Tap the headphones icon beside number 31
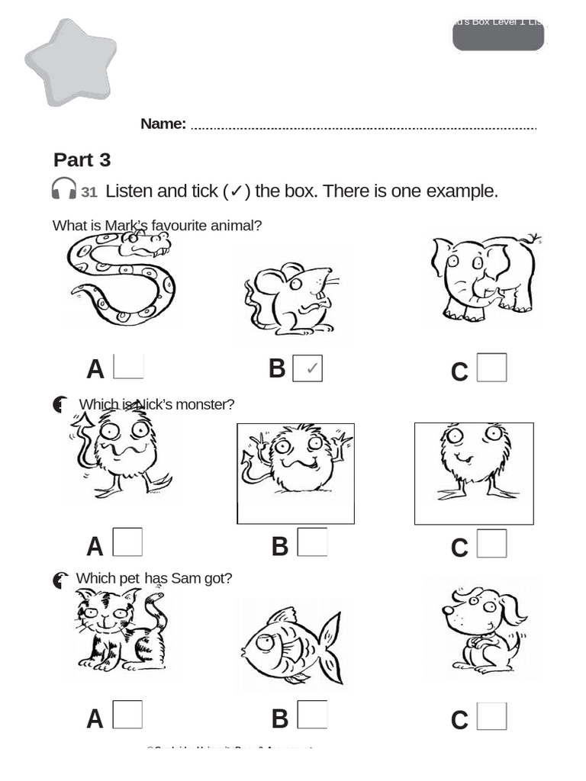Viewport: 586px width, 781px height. (x=64, y=189)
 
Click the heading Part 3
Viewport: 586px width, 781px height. (x=82, y=160)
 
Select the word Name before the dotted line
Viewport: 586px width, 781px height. (x=163, y=124)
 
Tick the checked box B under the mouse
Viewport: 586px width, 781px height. (x=307, y=368)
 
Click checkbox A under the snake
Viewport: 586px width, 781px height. (x=128, y=366)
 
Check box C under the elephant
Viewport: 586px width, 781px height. (x=491, y=368)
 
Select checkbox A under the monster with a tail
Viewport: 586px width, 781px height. (x=127, y=542)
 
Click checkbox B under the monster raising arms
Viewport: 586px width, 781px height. (x=312, y=542)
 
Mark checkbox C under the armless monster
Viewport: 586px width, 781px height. (x=491, y=544)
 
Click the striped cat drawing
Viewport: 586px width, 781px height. (x=121, y=629)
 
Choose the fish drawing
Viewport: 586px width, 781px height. (x=291, y=644)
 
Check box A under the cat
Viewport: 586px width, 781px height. (x=127, y=715)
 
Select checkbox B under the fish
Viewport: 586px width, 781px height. (x=312, y=715)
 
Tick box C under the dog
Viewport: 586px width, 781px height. (x=491, y=716)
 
